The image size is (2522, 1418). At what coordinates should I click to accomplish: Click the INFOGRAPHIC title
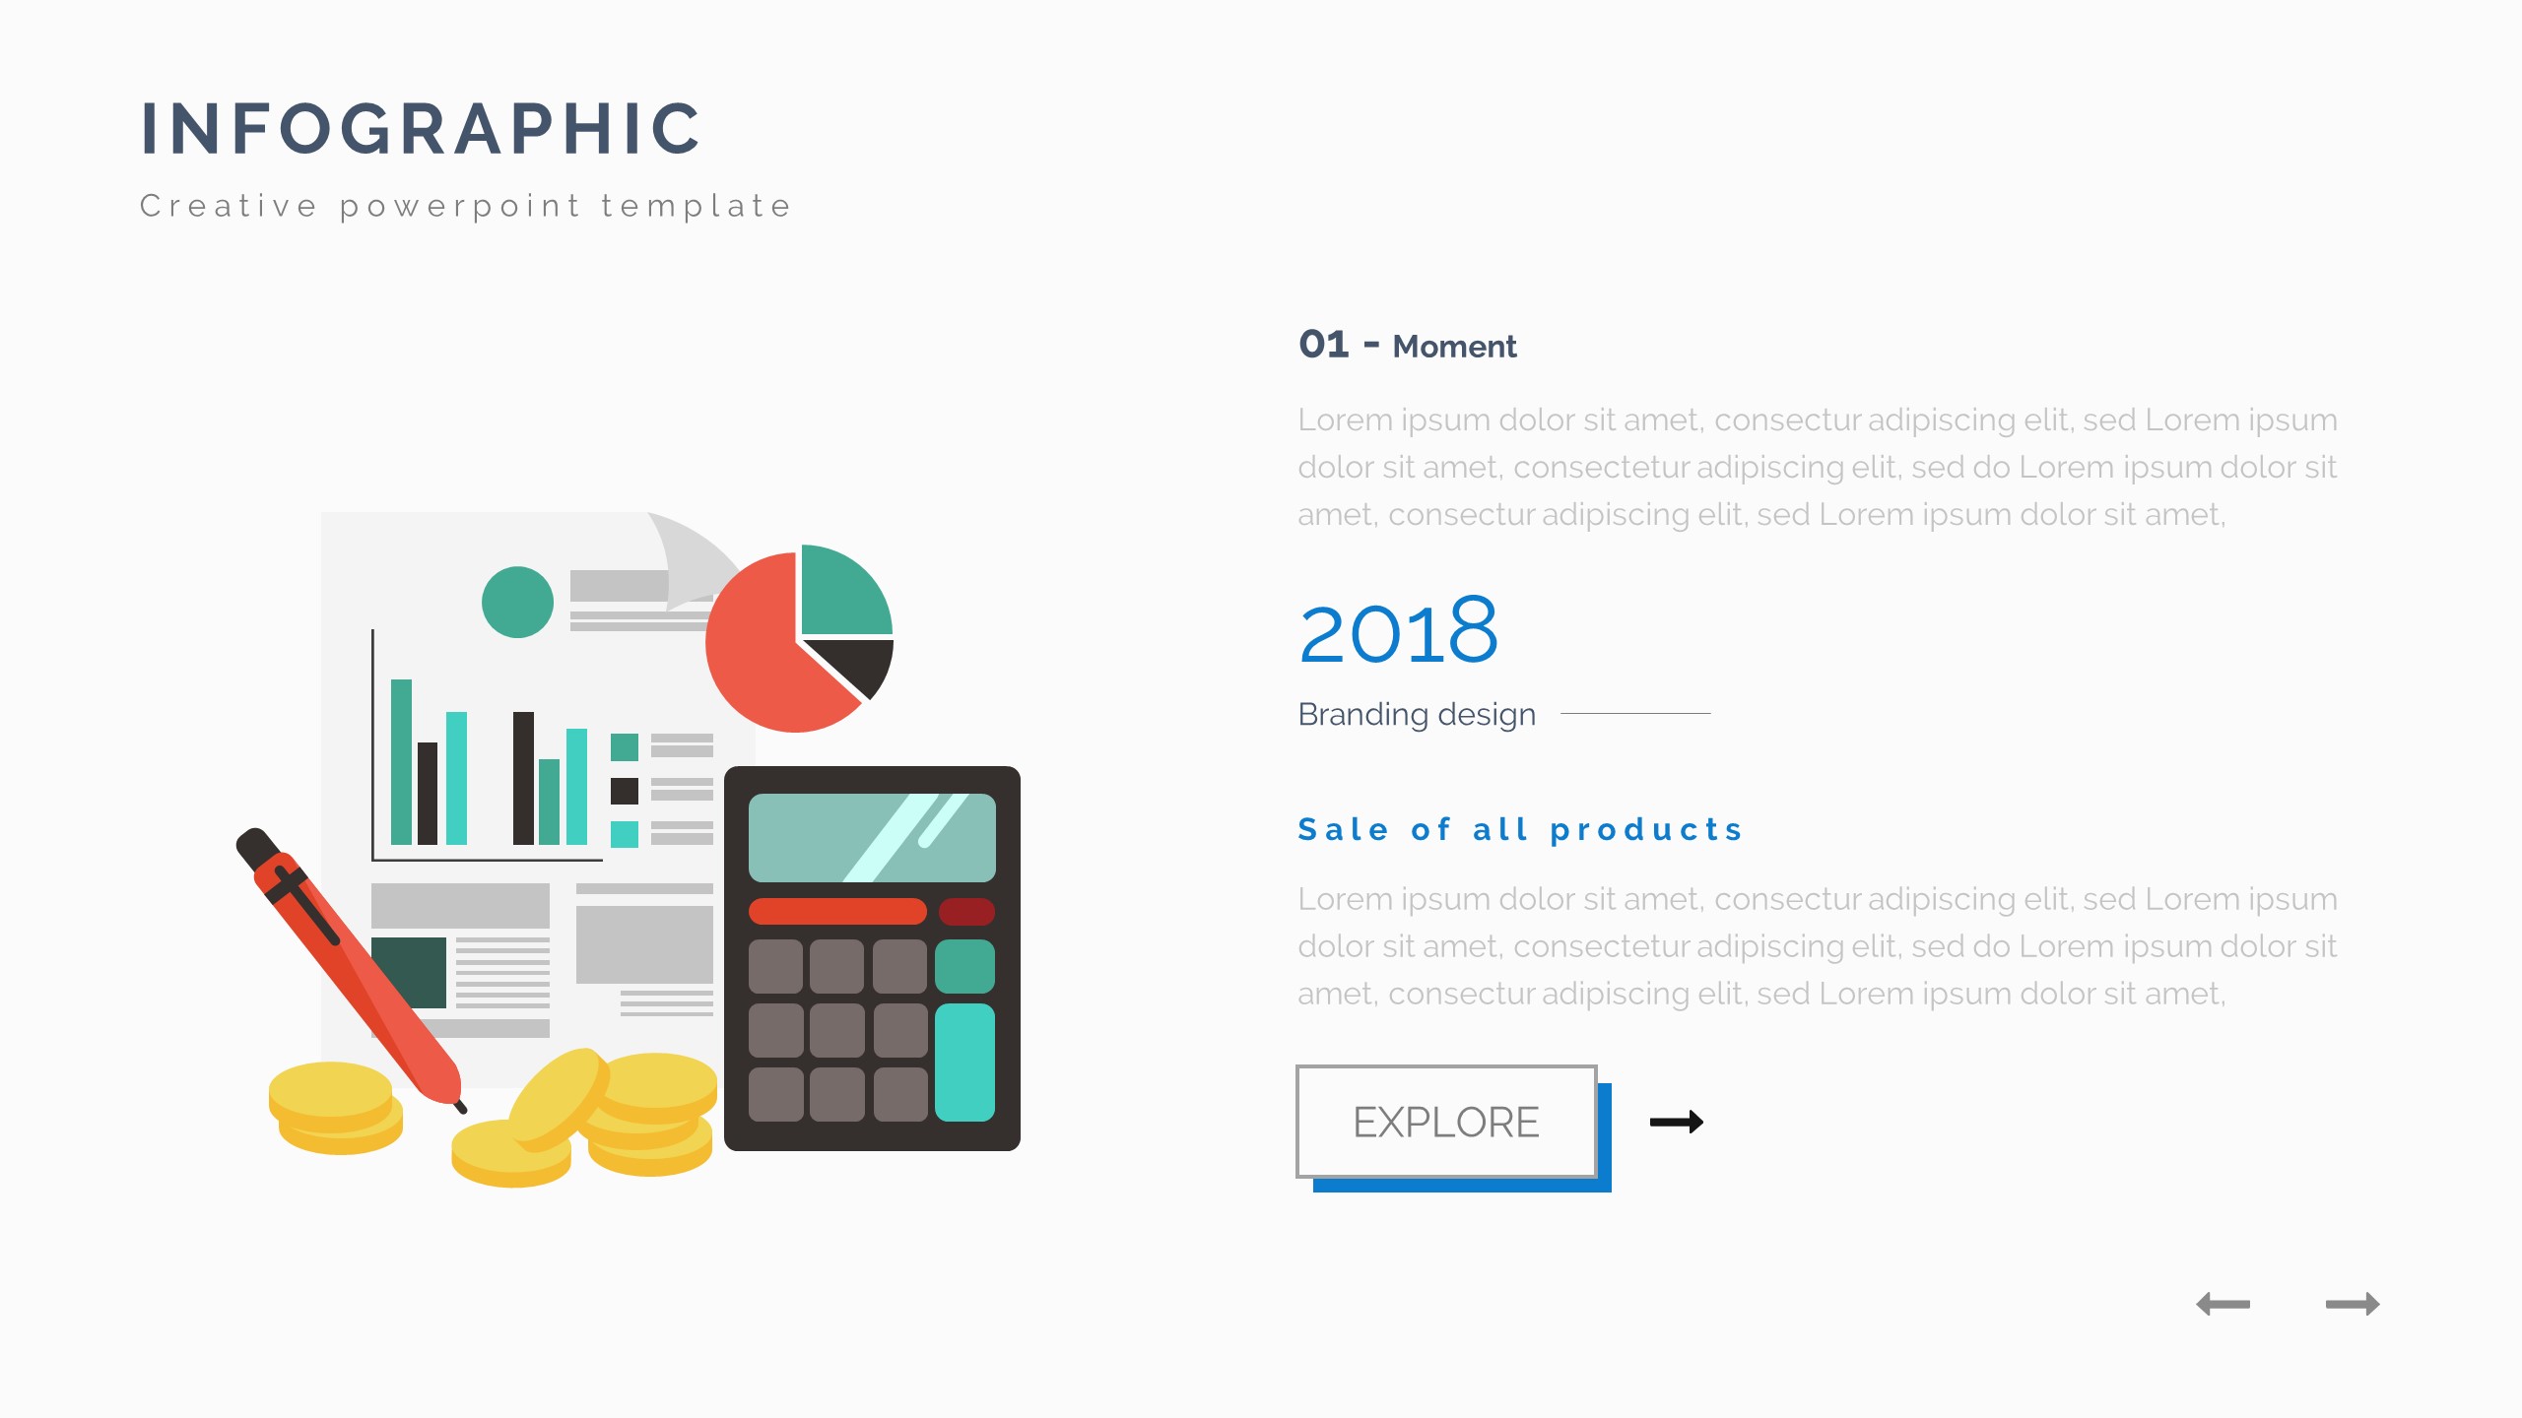pyautogui.click(x=421, y=129)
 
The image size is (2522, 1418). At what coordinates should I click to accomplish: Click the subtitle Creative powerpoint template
pyautogui.click(x=466, y=207)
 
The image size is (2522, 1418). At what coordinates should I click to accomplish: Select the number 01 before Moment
pyautogui.click(x=1324, y=345)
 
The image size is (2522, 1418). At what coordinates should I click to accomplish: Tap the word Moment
pyautogui.click(x=1454, y=347)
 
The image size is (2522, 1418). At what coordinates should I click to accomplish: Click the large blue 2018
pyautogui.click(x=1399, y=631)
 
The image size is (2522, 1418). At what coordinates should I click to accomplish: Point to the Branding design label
pyautogui.click(x=1417, y=714)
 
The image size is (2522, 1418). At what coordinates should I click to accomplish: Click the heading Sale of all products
pyautogui.click(x=1520, y=830)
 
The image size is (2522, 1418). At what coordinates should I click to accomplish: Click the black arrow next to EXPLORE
pyautogui.click(x=1677, y=1122)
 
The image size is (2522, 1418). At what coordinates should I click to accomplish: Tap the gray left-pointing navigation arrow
pyautogui.click(x=2223, y=1304)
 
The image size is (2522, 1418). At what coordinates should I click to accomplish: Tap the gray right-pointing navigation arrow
pyautogui.click(x=2353, y=1304)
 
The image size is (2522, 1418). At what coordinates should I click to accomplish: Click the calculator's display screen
pyautogui.click(x=872, y=837)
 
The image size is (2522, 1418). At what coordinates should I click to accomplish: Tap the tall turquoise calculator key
pyautogui.click(x=964, y=1063)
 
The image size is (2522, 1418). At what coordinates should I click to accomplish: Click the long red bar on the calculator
pyautogui.click(x=837, y=911)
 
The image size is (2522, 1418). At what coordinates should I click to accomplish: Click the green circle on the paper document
pyautogui.click(x=517, y=602)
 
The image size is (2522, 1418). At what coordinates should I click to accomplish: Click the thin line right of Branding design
pyautogui.click(x=1635, y=713)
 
